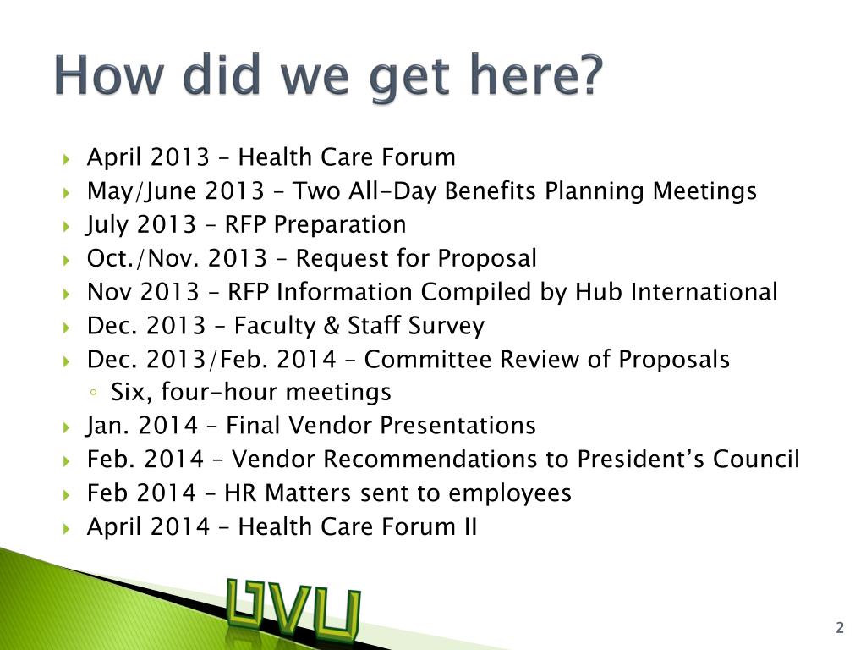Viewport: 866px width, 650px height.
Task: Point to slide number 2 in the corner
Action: tap(840, 627)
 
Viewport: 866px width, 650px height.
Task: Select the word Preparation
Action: tap(340, 224)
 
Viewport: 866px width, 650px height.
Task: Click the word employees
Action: tap(510, 493)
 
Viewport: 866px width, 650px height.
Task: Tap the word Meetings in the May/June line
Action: tap(704, 191)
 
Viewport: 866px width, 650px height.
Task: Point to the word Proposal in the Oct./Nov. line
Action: tap(487, 259)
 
